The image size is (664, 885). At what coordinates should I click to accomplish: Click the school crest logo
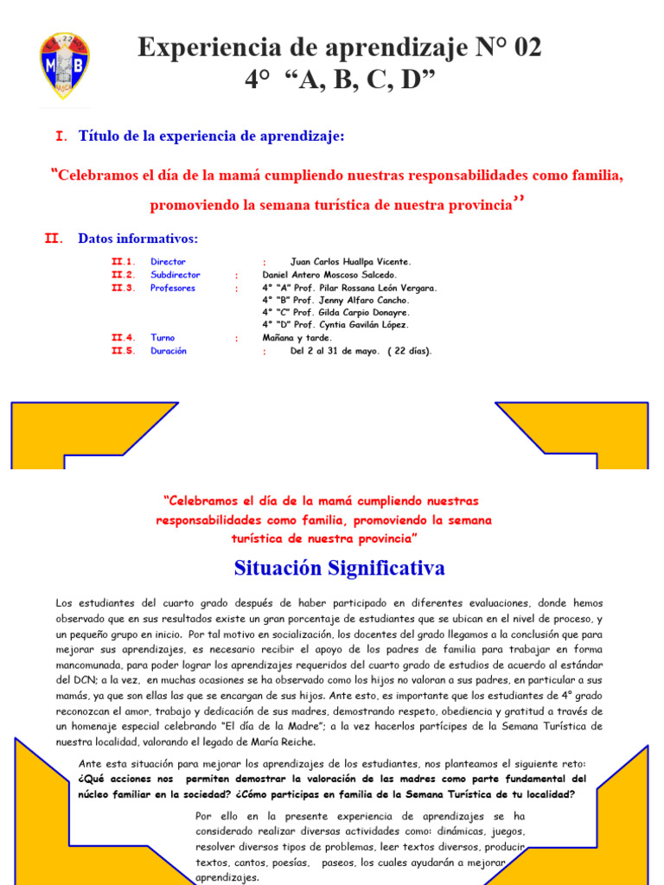coord(65,66)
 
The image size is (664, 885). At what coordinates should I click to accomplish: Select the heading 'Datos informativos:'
coord(138,239)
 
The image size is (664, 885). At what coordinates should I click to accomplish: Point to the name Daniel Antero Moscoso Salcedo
coord(329,275)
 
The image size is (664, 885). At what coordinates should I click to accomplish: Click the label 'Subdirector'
coord(173,275)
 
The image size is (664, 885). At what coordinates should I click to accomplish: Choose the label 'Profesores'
coord(173,288)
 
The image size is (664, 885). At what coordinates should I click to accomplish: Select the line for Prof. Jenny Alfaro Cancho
coord(330,300)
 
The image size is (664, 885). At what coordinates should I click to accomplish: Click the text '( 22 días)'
coord(410,351)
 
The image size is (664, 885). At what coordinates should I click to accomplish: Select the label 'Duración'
coord(169,351)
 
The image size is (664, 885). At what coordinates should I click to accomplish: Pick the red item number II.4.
coord(124,338)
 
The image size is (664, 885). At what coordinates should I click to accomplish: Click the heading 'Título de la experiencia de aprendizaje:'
coord(211,136)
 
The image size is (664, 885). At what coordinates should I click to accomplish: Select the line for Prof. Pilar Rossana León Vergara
coord(349,288)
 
